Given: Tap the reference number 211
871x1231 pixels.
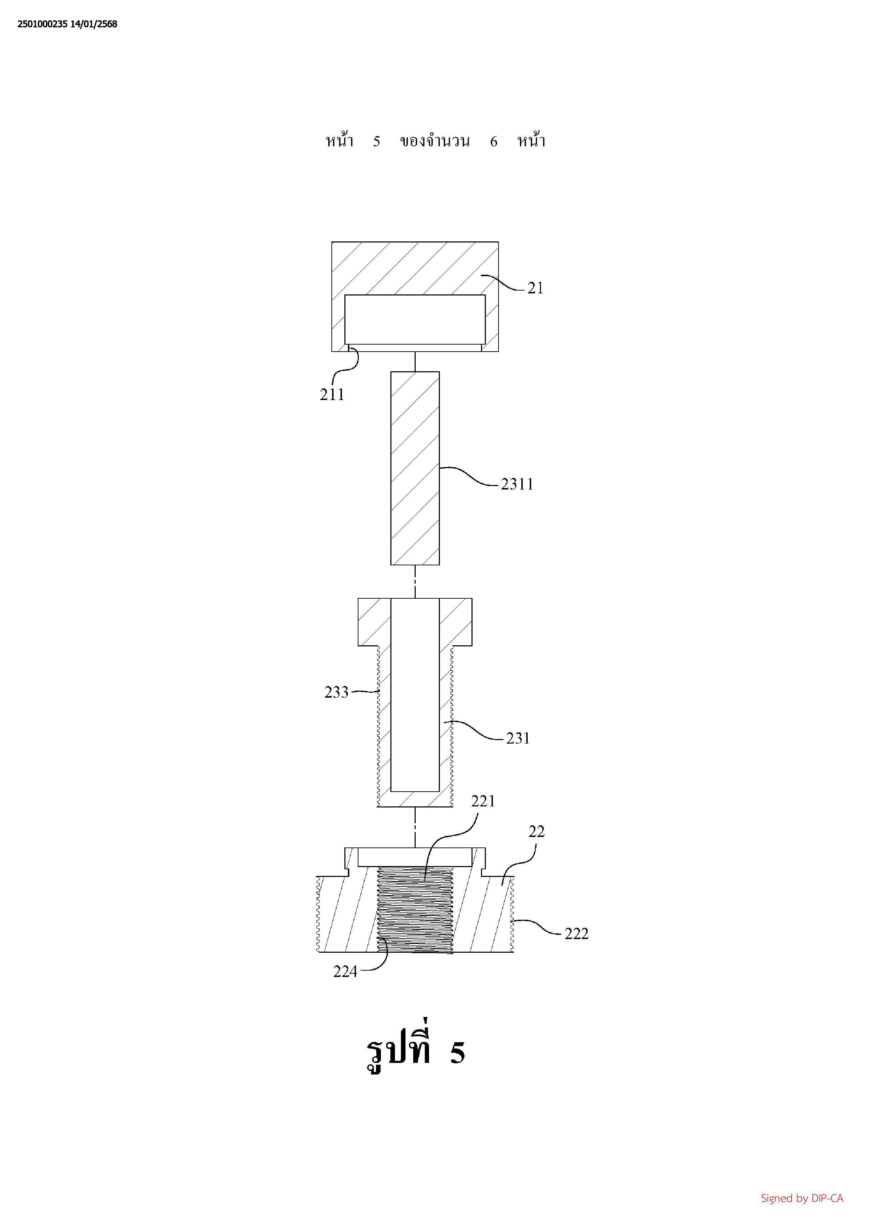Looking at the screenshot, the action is (x=332, y=395).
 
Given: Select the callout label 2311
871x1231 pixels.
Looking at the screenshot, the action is (x=517, y=484).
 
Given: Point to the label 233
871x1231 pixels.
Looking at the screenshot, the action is (x=336, y=692).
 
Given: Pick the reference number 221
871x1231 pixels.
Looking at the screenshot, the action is (x=483, y=801).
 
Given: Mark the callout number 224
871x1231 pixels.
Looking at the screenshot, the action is (x=345, y=972).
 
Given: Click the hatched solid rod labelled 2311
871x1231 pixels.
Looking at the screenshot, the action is (x=415, y=468).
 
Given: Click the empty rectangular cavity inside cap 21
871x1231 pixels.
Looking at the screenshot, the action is (x=415, y=320).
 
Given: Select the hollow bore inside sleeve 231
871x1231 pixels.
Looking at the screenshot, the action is (x=415, y=695).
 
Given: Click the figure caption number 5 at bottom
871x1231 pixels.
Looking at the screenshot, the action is (x=457, y=1053).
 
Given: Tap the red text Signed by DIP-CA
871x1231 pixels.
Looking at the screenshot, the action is (x=802, y=1198).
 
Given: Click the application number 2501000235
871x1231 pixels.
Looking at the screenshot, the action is (x=42, y=24).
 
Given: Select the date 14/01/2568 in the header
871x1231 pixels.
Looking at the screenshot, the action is (x=94, y=24).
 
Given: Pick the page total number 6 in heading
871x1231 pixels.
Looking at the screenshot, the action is (x=493, y=141).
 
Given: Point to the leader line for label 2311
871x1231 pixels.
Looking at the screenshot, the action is (x=469, y=475).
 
